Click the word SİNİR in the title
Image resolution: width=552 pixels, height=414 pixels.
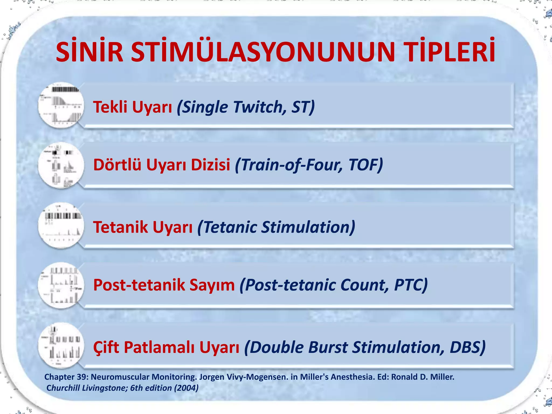pyautogui.click(x=89, y=52)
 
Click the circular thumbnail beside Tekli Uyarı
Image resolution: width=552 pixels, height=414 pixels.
pyautogui.click(x=61, y=105)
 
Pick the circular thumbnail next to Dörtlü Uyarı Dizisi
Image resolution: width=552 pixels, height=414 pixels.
pyautogui.click(x=61, y=165)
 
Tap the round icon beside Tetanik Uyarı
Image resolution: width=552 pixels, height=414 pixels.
pyautogui.click(x=61, y=225)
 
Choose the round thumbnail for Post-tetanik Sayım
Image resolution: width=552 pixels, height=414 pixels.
pyautogui.click(x=61, y=285)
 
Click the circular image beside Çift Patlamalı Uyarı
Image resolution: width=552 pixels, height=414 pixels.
pyautogui.click(x=61, y=346)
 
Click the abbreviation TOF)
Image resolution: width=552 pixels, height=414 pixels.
pyautogui.click(x=365, y=165)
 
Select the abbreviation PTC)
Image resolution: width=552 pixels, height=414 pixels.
pyautogui.click(x=410, y=285)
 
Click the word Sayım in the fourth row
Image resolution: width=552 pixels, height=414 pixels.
pyautogui.click(x=212, y=285)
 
